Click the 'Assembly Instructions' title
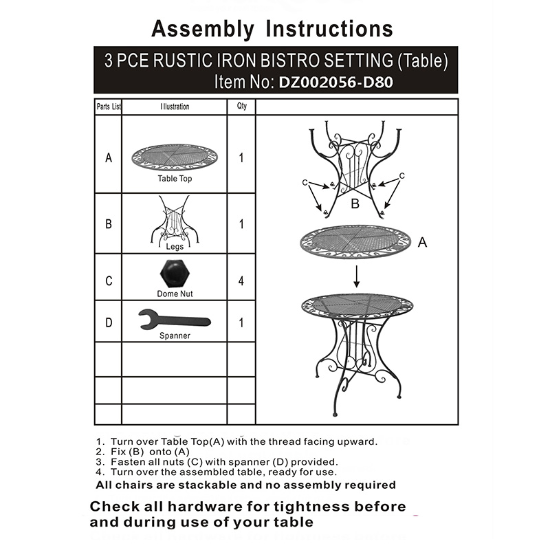pyautogui.click(x=272, y=29)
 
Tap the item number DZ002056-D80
pyautogui.click(x=335, y=82)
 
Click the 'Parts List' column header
pyautogui.click(x=109, y=107)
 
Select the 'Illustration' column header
pyautogui.click(x=175, y=107)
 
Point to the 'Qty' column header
pyautogui.click(x=241, y=107)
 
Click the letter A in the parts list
pyautogui.click(x=109, y=158)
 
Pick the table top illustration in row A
pyautogui.click(x=174, y=157)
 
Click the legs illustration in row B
pyautogui.click(x=174, y=219)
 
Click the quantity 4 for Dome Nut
pyautogui.click(x=241, y=281)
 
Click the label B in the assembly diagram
pyautogui.click(x=355, y=204)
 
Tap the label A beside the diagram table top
pyautogui.click(x=423, y=243)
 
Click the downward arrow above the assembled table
pyautogui.click(x=357, y=276)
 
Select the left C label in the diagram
pyautogui.click(x=304, y=182)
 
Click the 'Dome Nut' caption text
pyautogui.click(x=175, y=294)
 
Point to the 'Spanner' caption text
pyautogui.click(x=175, y=336)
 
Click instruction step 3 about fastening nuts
pyautogui.click(x=217, y=462)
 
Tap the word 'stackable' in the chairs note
pyautogui.click(x=201, y=485)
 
